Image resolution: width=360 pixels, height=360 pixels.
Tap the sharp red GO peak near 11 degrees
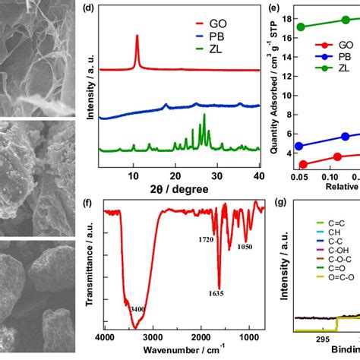pyautogui.click(x=137, y=36)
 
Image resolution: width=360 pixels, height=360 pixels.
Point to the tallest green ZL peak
pyautogui.click(x=204, y=115)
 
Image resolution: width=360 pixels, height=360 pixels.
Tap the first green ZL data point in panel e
pyautogui.click(x=302, y=27)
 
